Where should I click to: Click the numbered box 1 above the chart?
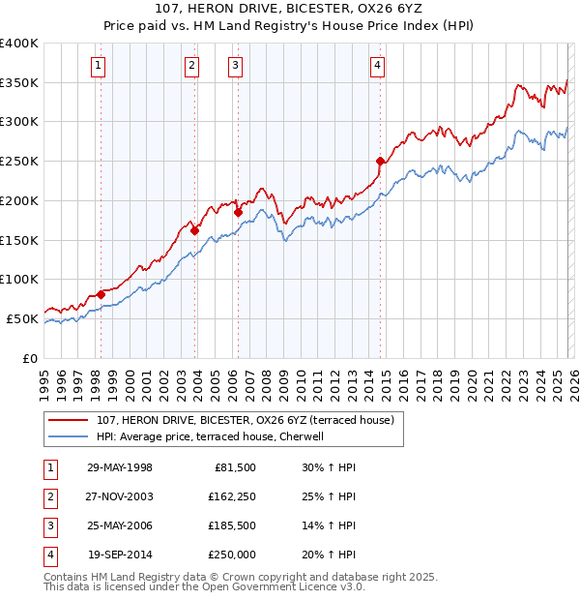point(100,66)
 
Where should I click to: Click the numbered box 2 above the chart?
point(192,66)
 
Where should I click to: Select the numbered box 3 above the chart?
point(236,66)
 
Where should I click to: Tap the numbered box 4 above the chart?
point(377,66)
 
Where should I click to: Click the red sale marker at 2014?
point(380,161)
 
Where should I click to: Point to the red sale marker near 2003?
point(195,230)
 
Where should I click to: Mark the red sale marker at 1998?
point(101,294)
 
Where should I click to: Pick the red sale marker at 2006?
point(238,212)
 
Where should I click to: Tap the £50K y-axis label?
point(22,318)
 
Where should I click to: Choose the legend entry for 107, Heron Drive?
point(245,421)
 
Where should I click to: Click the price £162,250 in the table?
point(229,496)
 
